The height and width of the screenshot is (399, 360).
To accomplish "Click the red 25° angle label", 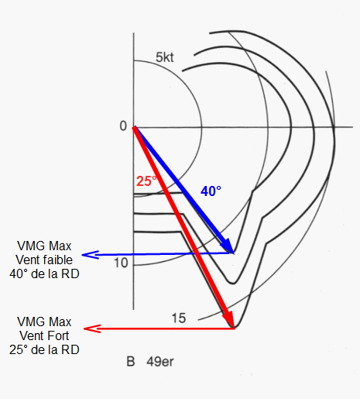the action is [x=146, y=181].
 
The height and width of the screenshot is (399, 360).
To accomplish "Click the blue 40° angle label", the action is [x=211, y=191].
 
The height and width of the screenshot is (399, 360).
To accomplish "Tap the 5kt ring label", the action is [x=165, y=57].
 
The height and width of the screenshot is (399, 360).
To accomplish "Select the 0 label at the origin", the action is [x=123, y=126].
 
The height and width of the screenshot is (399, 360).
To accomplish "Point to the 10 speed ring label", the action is [x=121, y=263].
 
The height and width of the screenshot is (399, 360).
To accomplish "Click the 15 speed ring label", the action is [x=179, y=318].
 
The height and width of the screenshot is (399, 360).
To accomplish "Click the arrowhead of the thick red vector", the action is [x=229, y=319].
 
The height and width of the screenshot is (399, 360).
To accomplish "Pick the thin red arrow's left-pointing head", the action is [x=92, y=328].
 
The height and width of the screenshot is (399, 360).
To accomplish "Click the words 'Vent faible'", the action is [x=44, y=260].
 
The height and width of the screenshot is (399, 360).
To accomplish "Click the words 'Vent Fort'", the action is [x=44, y=335].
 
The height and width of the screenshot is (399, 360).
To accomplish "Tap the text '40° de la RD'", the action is [x=44, y=273].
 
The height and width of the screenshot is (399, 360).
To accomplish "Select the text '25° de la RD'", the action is [x=44, y=349].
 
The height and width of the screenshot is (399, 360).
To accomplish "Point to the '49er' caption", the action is [x=160, y=362].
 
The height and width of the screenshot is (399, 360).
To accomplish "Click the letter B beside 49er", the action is [x=131, y=362].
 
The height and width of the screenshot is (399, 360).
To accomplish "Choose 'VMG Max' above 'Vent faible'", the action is [x=44, y=246].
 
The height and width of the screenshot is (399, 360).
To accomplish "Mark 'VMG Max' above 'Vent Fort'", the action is [x=44, y=322].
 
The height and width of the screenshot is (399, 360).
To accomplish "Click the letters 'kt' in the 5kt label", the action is [x=168, y=57].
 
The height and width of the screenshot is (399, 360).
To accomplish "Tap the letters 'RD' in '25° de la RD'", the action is [x=70, y=349].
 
